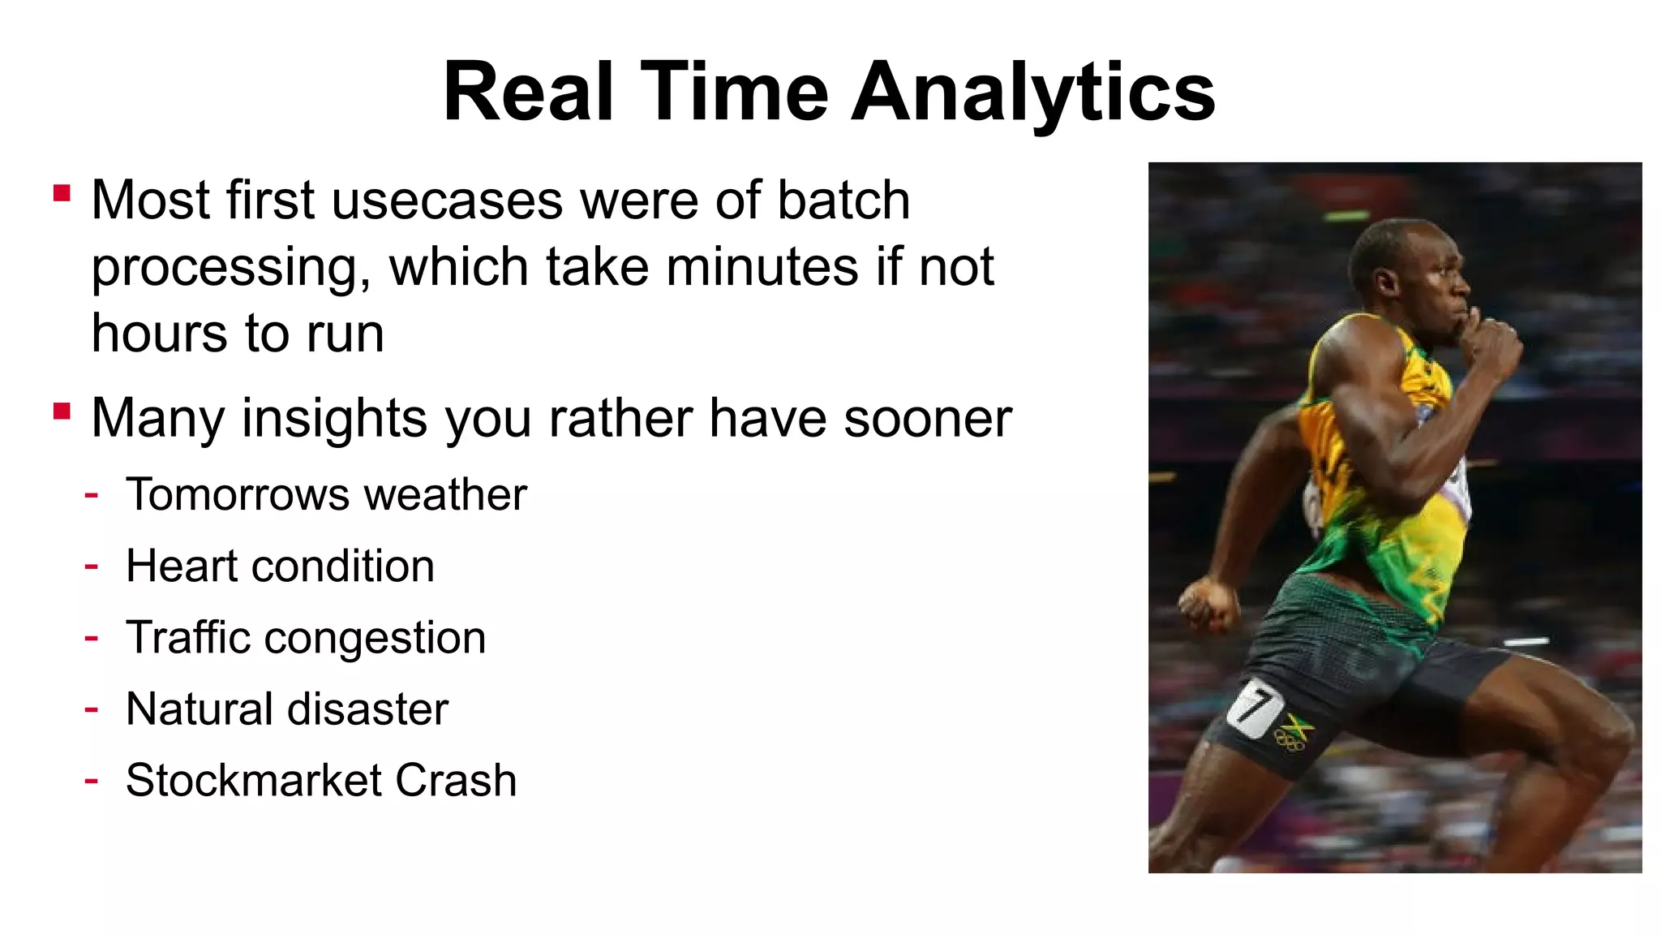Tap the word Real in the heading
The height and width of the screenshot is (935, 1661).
[x=527, y=93]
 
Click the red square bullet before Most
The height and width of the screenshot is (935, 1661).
[x=62, y=193]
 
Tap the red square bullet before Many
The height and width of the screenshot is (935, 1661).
[x=62, y=411]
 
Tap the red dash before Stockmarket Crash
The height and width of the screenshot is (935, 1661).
[x=92, y=781]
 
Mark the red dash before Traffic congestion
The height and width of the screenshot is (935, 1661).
[x=92, y=638]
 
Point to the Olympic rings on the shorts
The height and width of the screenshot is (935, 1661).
[x=1289, y=739]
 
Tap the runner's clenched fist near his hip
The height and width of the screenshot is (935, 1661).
[x=1208, y=605]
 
